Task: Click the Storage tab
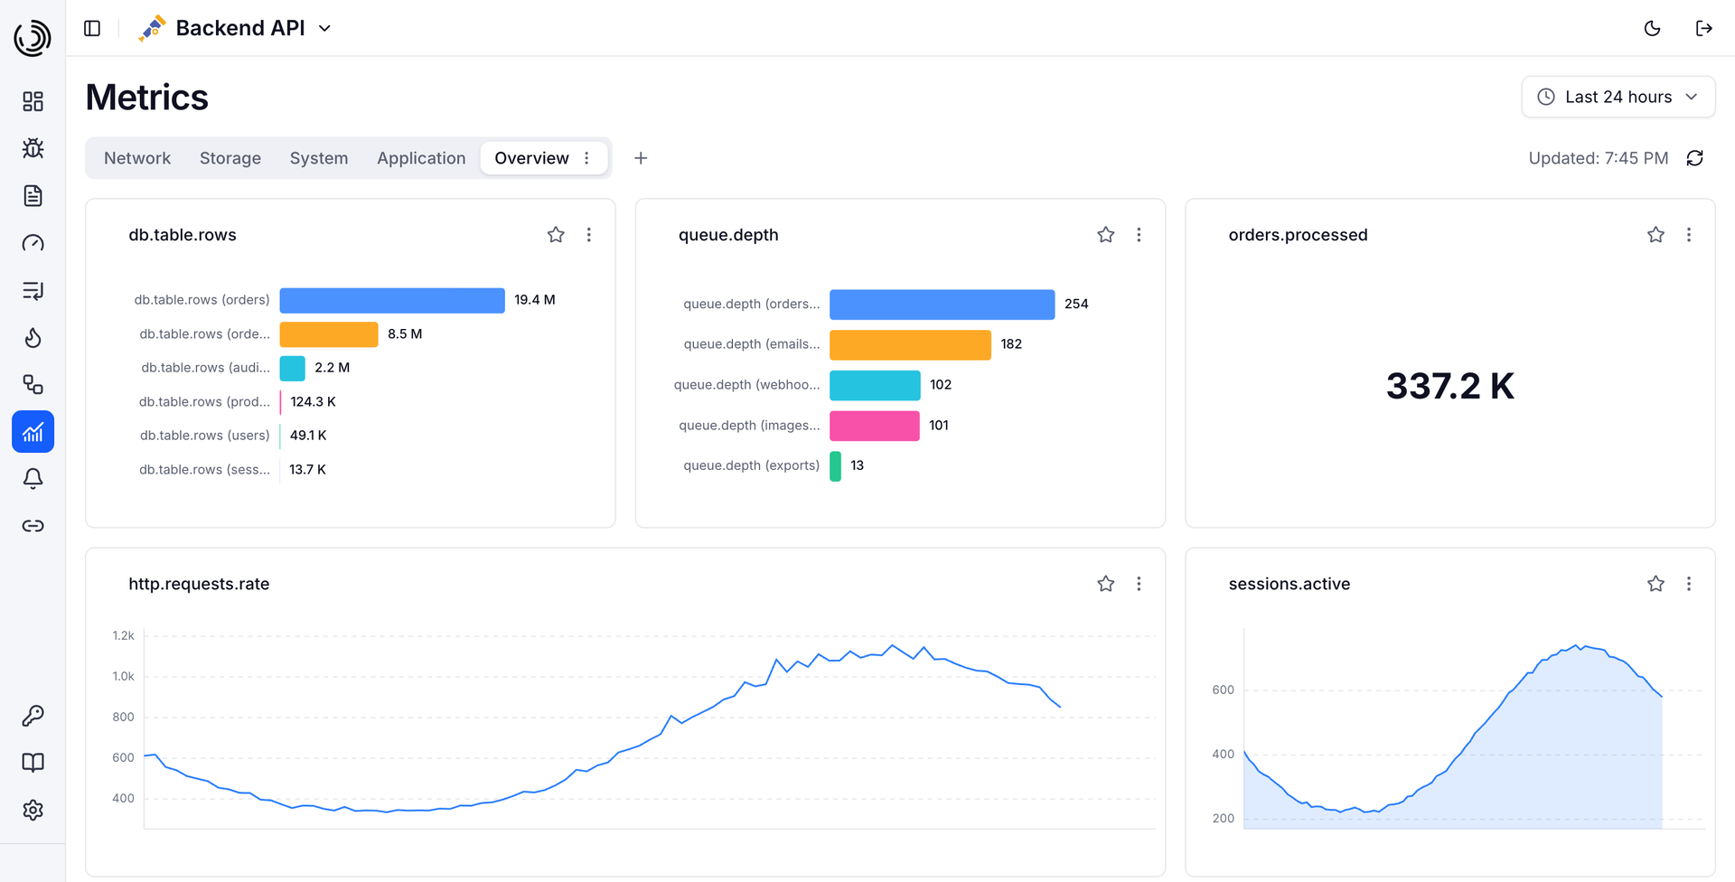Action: click(230, 158)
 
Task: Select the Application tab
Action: click(421, 158)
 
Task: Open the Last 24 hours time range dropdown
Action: click(1618, 97)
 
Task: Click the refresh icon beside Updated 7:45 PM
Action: click(1694, 158)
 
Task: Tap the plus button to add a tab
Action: click(641, 158)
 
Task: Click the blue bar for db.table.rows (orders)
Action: click(392, 300)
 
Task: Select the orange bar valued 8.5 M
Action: click(329, 334)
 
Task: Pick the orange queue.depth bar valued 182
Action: click(910, 344)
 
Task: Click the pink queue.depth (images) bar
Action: click(875, 426)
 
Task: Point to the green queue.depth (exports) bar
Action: click(835, 466)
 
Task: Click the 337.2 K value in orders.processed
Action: click(1449, 386)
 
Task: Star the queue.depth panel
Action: click(1105, 235)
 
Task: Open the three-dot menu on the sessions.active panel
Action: click(1688, 584)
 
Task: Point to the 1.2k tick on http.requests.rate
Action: click(123, 636)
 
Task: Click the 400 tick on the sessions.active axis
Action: click(1223, 755)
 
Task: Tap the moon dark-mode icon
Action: click(1652, 28)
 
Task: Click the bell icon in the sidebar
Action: click(33, 479)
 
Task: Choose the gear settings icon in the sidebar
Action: click(33, 810)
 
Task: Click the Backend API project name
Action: click(240, 28)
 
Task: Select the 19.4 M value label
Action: click(535, 300)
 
